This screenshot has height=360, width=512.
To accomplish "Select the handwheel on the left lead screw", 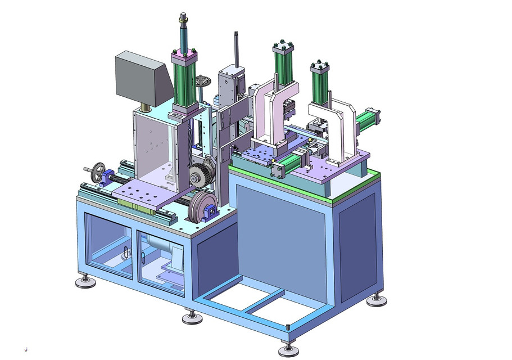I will pyautogui.click(x=99, y=170).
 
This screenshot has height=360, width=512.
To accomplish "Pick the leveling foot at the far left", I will pyautogui.click(x=85, y=281).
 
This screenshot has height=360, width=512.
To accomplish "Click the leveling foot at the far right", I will pyautogui.click(x=377, y=300).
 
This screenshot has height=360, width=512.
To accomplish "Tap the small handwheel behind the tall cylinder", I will pyautogui.click(x=205, y=83).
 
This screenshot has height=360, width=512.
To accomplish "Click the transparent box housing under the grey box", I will pyautogui.click(x=155, y=146).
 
